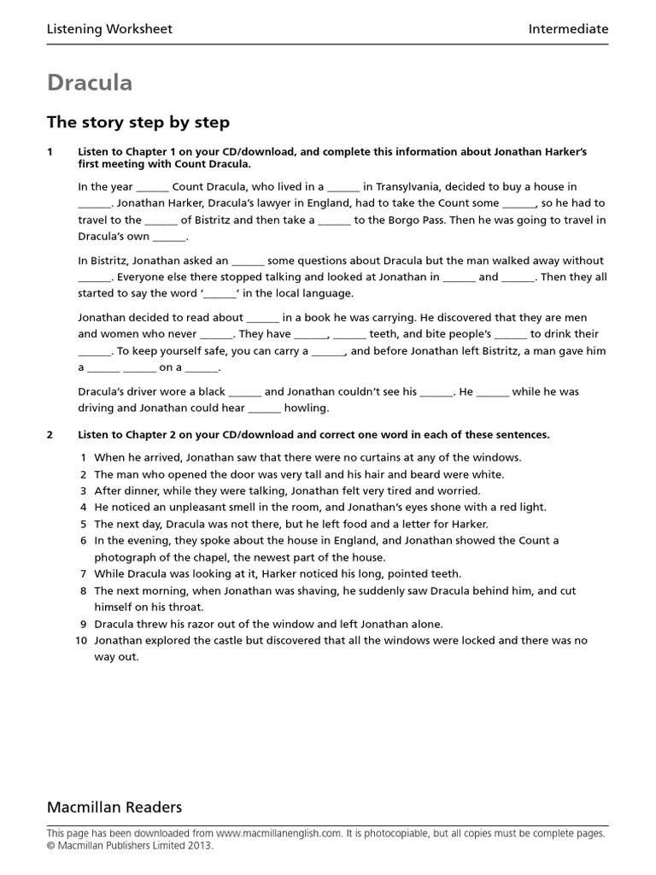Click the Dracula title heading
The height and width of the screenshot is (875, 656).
pyautogui.click(x=90, y=83)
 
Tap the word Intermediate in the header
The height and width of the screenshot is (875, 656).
pyautogui.click(x=568, y=29)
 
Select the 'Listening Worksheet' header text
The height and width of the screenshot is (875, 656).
pyautogui.click(x=109, y=29)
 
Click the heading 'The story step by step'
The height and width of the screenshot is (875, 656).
pyautogui.click(x=138, y=122)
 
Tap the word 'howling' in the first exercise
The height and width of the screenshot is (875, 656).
pyautogui.click(x=306, y=408)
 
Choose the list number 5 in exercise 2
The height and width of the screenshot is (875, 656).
pyautogui.click(x=84, y=524)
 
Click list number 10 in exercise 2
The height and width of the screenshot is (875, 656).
pyautogui.click(x=81, y=640)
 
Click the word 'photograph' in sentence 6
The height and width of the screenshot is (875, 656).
pyautogui.click(x=125, y=557)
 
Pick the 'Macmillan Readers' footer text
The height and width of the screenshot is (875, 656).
pyautogui.click(x=114, y=807)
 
